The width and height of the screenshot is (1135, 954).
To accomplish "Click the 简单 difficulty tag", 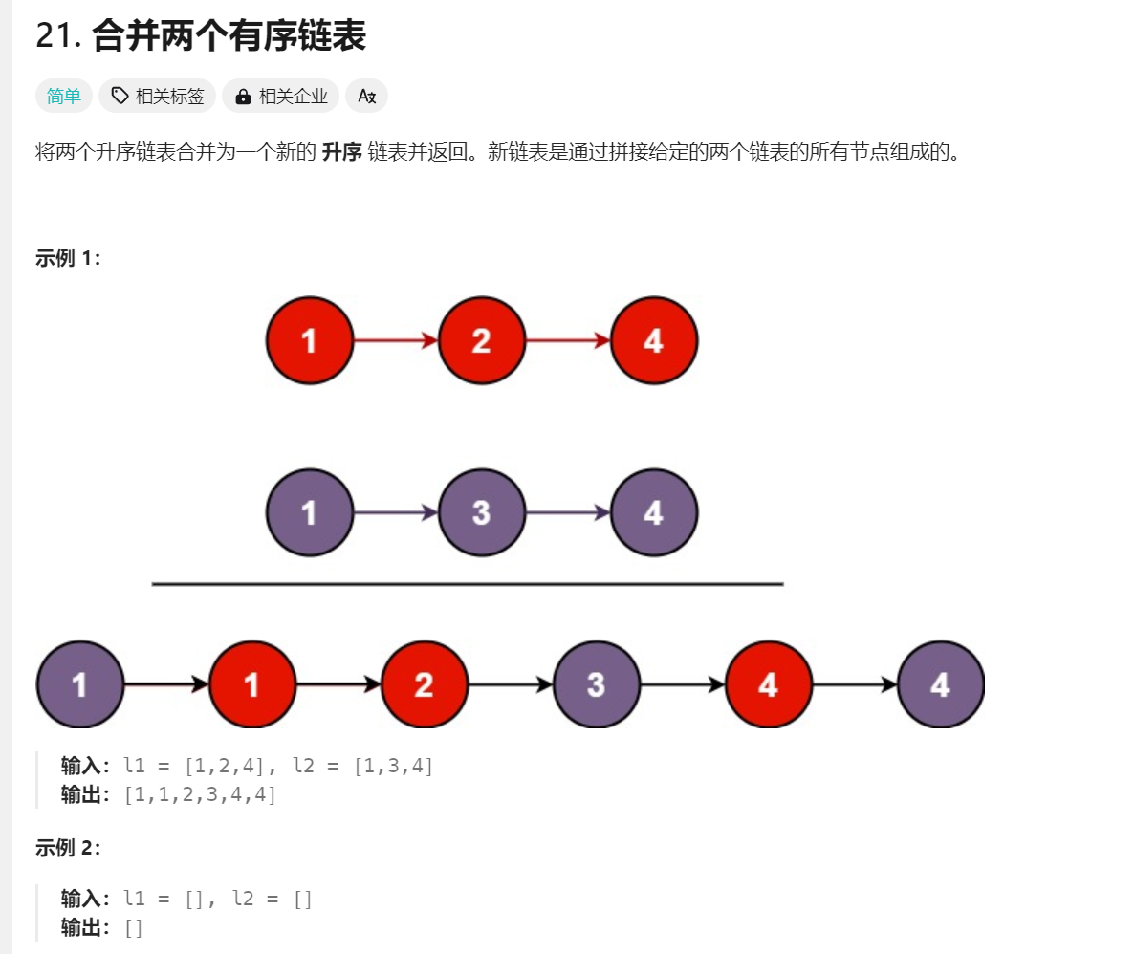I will pos(64,96).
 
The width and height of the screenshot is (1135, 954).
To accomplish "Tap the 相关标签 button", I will pos(158,96).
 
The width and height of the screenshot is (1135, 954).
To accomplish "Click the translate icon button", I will pos(366,96).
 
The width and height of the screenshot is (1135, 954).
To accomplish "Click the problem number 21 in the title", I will pos(55,36).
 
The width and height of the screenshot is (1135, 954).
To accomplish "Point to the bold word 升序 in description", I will pos(342,152).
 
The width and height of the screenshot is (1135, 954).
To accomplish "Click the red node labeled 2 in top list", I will pos(481,340).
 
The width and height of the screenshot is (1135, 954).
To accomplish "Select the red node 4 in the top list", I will pos(654,340).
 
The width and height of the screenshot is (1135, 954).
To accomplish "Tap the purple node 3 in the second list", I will pos(481,513).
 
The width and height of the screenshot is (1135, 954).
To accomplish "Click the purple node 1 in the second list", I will pos(309,513).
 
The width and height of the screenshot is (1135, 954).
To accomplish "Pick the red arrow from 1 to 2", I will pos(395,340).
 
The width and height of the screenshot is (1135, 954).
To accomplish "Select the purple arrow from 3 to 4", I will pos(568,513).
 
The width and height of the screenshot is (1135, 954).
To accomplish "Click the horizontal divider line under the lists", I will pos(467,583).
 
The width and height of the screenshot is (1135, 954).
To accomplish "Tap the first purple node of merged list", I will pos(79,684).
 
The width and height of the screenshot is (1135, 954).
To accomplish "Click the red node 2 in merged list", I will pos(424,684).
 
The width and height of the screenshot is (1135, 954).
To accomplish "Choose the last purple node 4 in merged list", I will pos(941,684).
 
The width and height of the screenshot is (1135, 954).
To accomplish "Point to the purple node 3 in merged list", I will pos(596,684).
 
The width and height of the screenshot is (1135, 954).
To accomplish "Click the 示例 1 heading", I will pos(67,258).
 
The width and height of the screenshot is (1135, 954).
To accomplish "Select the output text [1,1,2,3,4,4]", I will pos(201,794).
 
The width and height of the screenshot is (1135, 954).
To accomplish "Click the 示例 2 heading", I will pos(67,848).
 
